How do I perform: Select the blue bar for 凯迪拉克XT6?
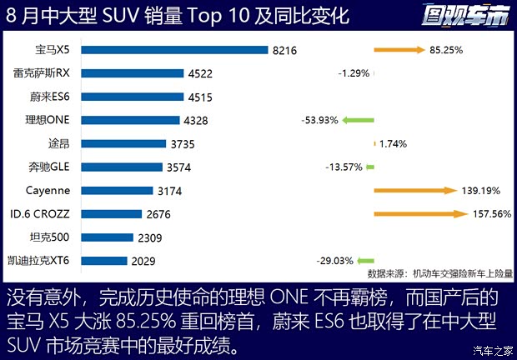point(104,261)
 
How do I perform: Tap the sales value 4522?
point(200,73)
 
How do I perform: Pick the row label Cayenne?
point(48,190)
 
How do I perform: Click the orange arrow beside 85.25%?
point(399,50)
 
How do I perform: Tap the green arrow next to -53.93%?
point(357,120)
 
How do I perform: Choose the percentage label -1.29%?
point(354,73)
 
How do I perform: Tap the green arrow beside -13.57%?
point(369,167)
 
